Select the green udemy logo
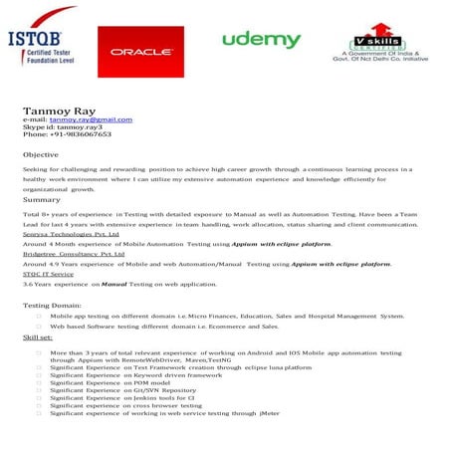tap(261, 40)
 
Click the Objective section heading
tap(41, 156)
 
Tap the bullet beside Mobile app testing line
tap(38, 316)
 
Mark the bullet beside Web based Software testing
tap(38, 327)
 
